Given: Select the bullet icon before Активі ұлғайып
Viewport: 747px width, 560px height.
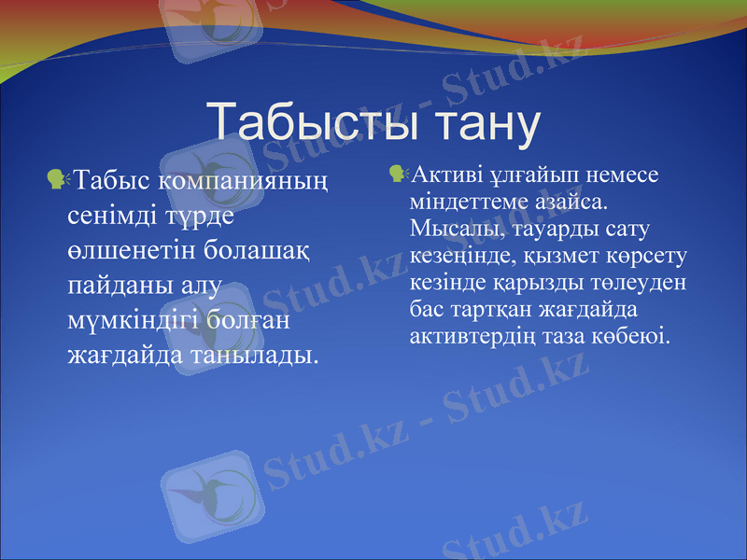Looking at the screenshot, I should pyautogui.click(x=397, y=173).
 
